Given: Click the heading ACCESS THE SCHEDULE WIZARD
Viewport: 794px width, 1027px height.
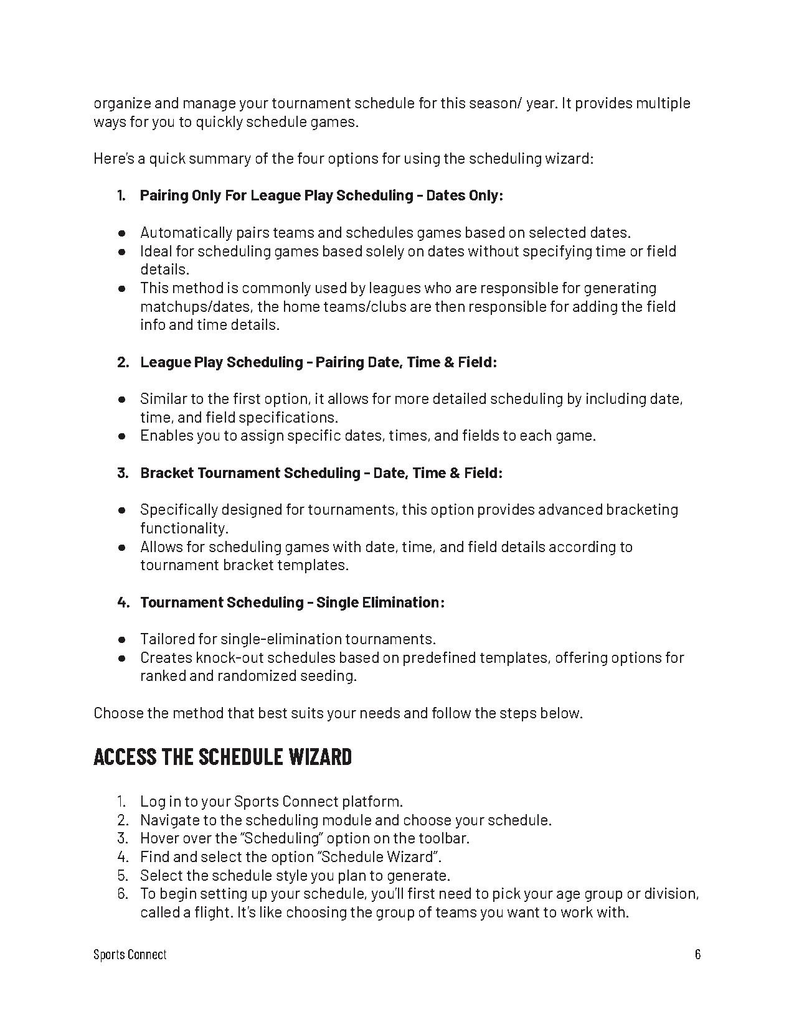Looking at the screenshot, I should point(222,757).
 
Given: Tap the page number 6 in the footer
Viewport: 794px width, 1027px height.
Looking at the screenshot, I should point(697,954).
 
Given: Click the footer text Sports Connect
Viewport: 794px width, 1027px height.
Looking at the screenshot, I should point(130,954).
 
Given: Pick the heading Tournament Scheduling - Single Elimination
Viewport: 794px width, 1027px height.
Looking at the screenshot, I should point(292,603).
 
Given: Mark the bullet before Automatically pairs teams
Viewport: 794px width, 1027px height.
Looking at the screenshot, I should point(123,233).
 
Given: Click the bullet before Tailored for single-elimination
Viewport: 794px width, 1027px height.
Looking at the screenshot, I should point(123,639).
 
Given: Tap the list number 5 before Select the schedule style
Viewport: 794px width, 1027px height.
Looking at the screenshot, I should point(122,876).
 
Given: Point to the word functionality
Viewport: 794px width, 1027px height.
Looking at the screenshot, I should point(184,528).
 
